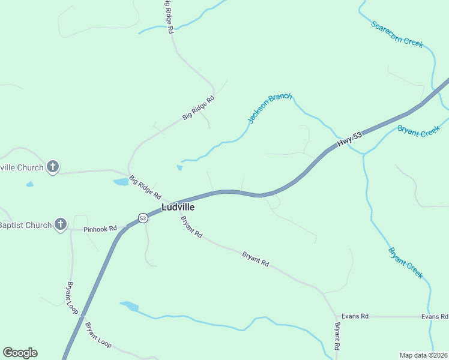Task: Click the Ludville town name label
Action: pos(178,207)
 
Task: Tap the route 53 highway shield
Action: pos(142,218)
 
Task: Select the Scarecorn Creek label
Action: pos(397,35)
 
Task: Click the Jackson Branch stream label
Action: pos(270,108)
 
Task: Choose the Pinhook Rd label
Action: pos(100,229)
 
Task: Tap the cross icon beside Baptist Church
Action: pos(60,225)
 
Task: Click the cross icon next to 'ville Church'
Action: pos(53,167)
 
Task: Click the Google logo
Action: pos(20,353)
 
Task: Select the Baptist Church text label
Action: pos(25,226)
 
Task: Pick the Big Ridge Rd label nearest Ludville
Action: pos(145,187)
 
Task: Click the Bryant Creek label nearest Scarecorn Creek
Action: pos(418,131)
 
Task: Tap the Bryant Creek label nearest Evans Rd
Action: pos(405,263)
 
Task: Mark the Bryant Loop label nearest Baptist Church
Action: pos(70,295)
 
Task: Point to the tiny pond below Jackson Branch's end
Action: pos(179,167)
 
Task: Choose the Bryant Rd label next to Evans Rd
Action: pos(338,337)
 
